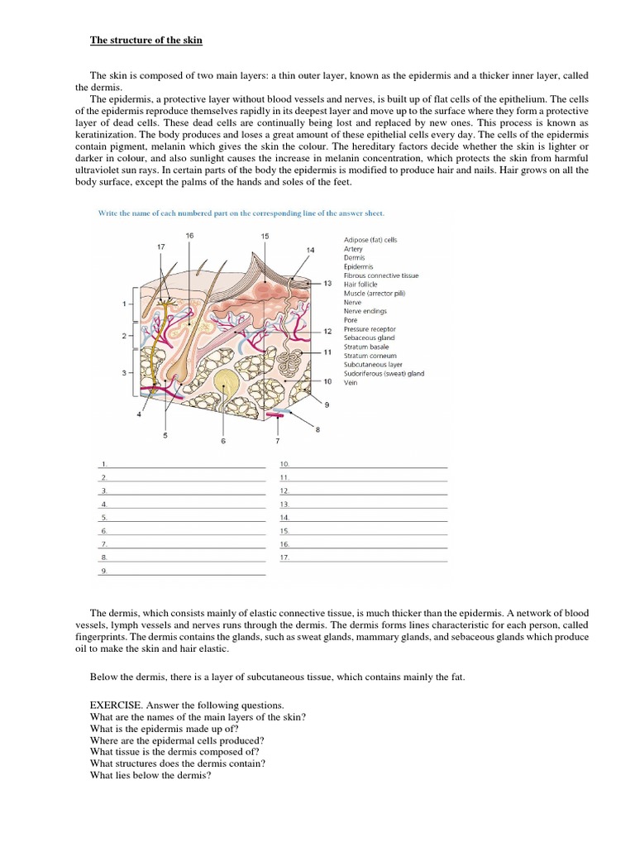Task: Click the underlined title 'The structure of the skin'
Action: tap(146, 41)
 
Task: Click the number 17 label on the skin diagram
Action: tap(161, 246)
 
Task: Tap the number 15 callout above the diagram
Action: tap(265, 237)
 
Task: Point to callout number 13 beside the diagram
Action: tap(327, 283)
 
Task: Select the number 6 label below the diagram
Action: tap(222, 442)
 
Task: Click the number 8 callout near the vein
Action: tap(317, 429)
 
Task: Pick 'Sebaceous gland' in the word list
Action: tap(368, 337)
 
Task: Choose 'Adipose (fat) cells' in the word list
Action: tap(370, 240)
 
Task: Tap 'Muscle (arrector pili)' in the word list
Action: tap(375, 293)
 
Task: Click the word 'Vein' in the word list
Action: tap(351, 382)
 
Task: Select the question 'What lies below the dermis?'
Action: tap(151, 776)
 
